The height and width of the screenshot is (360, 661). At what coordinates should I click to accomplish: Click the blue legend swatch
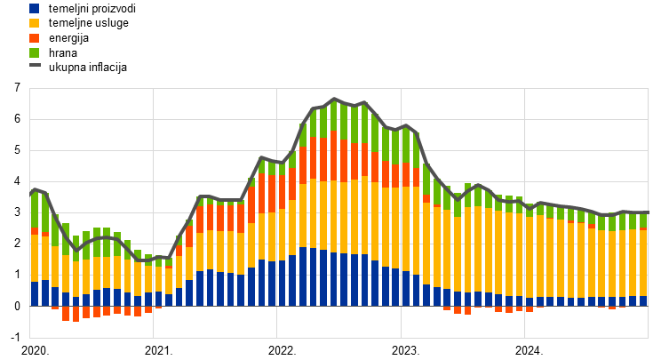click(x=34, y=8)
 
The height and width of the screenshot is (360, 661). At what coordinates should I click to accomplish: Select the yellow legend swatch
click(x=34, y=23)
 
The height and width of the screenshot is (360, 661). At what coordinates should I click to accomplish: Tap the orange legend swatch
click(x=34, y=38)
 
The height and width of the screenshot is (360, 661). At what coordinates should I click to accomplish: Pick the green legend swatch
click(x=34, y=52)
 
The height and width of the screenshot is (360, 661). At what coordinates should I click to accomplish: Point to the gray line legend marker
click(x=34, y=65)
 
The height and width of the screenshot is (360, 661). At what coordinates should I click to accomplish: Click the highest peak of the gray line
click(x=334, y=100)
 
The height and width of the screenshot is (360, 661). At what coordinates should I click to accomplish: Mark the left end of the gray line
click(x=31, y=191)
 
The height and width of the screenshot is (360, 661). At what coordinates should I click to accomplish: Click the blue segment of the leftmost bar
click(x=35, y=293)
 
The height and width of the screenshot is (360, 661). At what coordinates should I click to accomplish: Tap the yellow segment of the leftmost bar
click(x=35, y=258)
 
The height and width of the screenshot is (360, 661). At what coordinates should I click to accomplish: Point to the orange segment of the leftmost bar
click(x=35, y=231)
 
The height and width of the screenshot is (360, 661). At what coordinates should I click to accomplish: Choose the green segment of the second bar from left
click(x=45, y=213)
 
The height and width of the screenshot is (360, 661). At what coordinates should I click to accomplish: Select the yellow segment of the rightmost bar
click(x=643, y=263)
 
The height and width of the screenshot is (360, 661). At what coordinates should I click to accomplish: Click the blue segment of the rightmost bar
click(x=643, y=300)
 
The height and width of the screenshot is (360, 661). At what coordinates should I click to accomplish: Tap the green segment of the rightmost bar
click(x=643, y=220)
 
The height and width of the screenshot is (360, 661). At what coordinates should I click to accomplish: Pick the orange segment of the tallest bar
click(x=334, y=156)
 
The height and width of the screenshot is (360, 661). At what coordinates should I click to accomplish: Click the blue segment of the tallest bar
click(x=334, y=279)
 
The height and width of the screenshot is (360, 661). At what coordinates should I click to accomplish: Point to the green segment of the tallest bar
click(x=334, y=116)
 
